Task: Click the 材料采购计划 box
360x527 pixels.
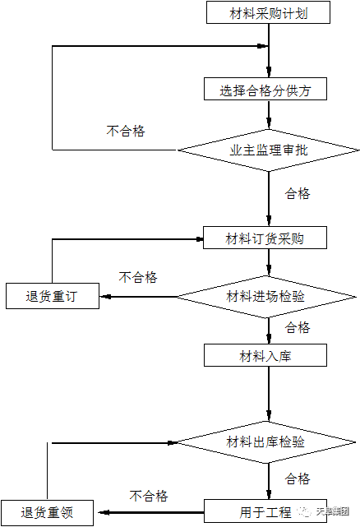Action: point(268,13)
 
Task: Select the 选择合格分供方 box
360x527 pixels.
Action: point(265,90)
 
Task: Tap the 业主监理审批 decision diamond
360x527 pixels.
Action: point(269,150)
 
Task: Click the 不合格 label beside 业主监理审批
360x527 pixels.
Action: point(129,132)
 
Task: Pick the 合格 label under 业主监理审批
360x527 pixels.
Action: point(299,195)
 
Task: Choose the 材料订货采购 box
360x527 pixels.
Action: point(265,238)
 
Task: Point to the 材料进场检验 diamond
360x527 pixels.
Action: point(265,296)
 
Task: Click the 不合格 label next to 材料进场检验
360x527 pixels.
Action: point(142,278)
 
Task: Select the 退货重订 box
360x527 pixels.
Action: point(53,297)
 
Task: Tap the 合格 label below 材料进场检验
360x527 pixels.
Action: point(299,328)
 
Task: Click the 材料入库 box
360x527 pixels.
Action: point(265,356)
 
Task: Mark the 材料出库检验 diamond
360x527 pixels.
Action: point(265,441)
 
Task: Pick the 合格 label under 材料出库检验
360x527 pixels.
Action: point(299,479)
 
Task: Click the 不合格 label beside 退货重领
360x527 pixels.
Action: point(153,497)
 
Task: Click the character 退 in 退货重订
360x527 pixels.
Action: point(31,297)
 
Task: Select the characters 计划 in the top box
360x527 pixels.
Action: point(295,13)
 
